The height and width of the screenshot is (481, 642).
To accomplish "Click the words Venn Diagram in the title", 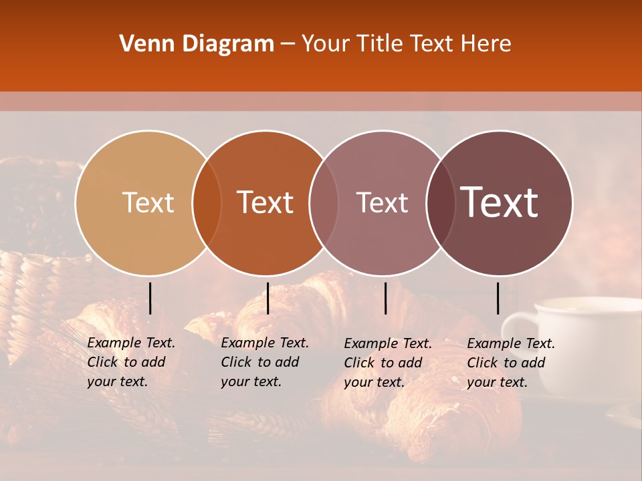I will click(197, 44).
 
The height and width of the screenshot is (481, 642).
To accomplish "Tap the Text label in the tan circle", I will click(148, 202).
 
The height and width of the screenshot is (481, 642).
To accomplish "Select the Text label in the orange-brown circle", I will click(265, 202).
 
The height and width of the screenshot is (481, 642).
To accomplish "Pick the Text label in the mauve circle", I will click(382, 202).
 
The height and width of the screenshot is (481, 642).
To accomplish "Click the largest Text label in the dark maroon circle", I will click(500, 202).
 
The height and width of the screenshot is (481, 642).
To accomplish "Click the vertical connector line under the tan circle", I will click(150, 298).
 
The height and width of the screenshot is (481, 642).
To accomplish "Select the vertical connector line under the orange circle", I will click(267, 298).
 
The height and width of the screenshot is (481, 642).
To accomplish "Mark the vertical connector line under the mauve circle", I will click(385, 298).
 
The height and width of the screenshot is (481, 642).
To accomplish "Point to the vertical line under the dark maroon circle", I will click(498, 298).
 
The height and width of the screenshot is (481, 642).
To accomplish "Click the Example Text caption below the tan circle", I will click(130, 362).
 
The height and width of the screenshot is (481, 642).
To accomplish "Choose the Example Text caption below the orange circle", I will click(264, 362).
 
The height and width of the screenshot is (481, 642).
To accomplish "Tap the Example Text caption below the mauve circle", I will click(387, 363).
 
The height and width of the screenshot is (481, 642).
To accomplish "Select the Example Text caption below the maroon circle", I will click(510, 363).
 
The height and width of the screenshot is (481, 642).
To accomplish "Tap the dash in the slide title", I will click(288, 45).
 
